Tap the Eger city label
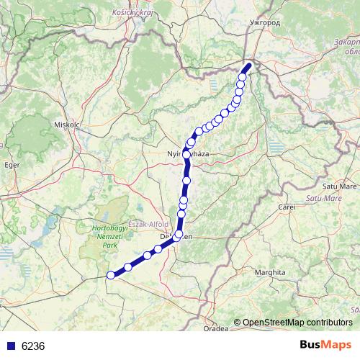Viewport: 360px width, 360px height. click(x=11, y=165)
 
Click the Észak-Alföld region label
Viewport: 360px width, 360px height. click(x=148, y=223)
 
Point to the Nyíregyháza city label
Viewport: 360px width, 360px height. click(x=184, y=154)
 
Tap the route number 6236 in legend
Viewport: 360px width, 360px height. click(x=33, y=346)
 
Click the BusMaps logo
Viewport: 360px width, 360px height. click(x=325, y=345)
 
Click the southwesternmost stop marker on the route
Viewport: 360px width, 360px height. click(x=111, y=274)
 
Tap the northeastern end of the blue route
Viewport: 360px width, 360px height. click(x=248, y=66)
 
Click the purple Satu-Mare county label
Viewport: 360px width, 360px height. click(x=323, y=197)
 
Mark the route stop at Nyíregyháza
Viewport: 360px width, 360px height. click(x=186, y=154)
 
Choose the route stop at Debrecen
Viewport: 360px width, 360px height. click(x=178, y=234)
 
